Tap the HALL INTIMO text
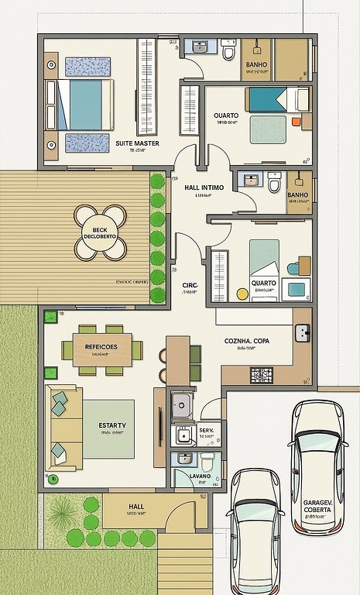coord(204,187)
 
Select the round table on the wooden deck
coord(101,232)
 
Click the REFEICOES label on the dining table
coord(101,347)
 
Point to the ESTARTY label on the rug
coord(112,426)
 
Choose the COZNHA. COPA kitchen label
coord(247,341)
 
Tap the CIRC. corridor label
coord(190,285)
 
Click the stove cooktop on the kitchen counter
coord(262,375)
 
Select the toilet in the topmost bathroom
coord(228,53)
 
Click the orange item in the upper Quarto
coord(295,122)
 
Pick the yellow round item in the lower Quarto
coord(242,294)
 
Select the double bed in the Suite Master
coord(82,105)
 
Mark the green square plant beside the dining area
coord(50,316)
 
